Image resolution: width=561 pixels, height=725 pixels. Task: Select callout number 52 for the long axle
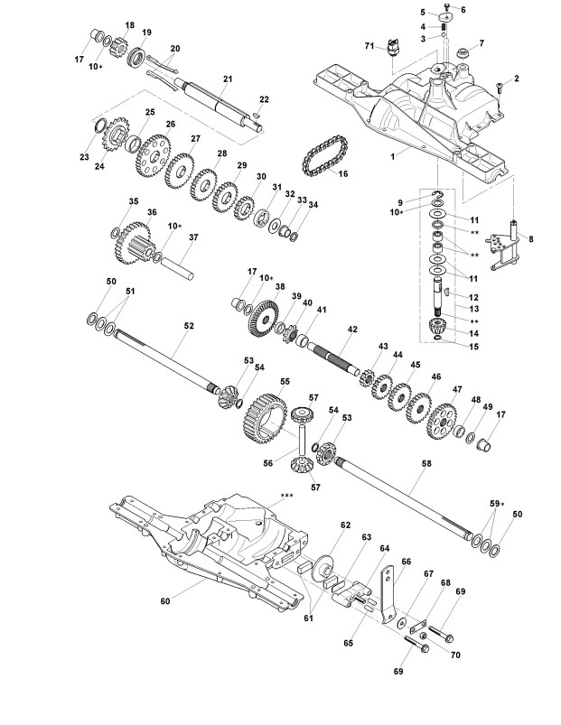point(189,324)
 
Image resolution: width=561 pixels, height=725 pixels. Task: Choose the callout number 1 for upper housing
point(393,156)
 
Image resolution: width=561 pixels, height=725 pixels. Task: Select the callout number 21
point(227,79)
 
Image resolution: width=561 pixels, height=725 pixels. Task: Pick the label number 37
point(192,237)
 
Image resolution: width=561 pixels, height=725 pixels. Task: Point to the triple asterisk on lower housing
point(288,496)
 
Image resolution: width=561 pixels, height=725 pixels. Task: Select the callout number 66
point(406,562)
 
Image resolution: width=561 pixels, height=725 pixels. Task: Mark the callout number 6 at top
point(463,10)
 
